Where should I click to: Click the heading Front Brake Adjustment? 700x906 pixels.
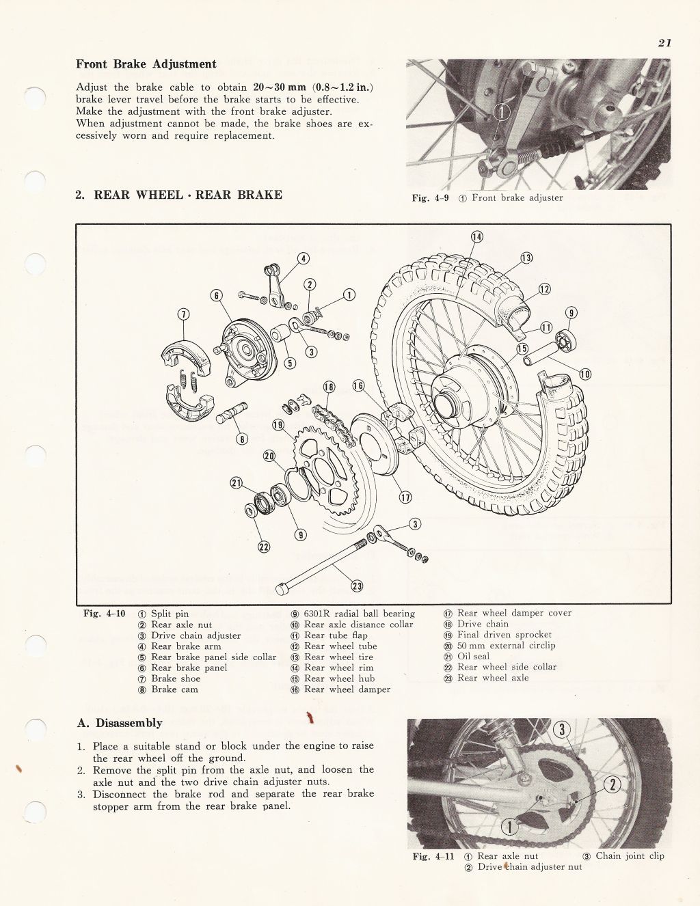point(146,64)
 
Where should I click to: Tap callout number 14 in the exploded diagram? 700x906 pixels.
point(476,237)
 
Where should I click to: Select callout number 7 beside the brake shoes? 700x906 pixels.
point(183,314)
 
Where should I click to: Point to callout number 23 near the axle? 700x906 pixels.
point(357,585)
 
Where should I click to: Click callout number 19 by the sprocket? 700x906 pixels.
point(278,424)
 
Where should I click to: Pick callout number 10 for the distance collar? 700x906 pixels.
point(585,374)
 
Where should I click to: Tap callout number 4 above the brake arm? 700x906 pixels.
point(304,258)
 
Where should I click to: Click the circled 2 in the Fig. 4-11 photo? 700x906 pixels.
point(612,784)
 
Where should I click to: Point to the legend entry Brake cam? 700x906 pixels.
point(174,689)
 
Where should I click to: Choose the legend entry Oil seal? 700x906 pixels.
point(473,656)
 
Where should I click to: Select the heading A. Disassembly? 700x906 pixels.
point(119,723)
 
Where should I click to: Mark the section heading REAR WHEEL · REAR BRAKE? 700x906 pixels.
point(178,195)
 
